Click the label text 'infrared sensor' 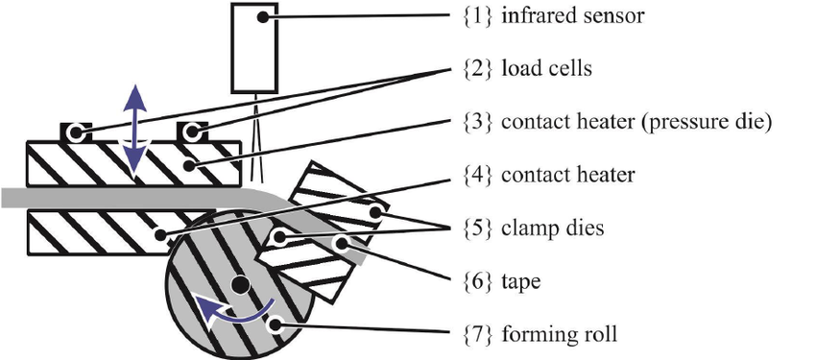pyautogui.click(x=572, y=16)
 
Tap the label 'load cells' pyautogui.click(x=546, y=69)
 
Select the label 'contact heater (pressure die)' pyautogui.click(x=636, y=122)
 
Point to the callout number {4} pyautogui.click(x=477, y=175)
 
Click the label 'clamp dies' pyautogui.click(x=553, y=228)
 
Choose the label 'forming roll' pyautogui.click(x=560, y=333)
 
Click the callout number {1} pyautogui.click(x=477, y=16)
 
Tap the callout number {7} pyautogui.click(x=477, y=333)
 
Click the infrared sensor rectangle pyautogui.click(x=254, y=48)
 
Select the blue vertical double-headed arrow pyautogui.click(x=134, y=131)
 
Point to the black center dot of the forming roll pyautogui.click(x=239, y=284)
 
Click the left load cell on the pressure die pyautogui.click(x=76, y=132)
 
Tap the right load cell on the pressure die pyautogui.click(x=192, y=132)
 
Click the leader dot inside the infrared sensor pyautogui.click(x=263, y=17)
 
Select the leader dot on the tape pyautogui.click(x=342, y=243)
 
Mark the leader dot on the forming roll pyautogui.click(x=276, y=325)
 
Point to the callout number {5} pyautogui.click(x=477, y=228)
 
